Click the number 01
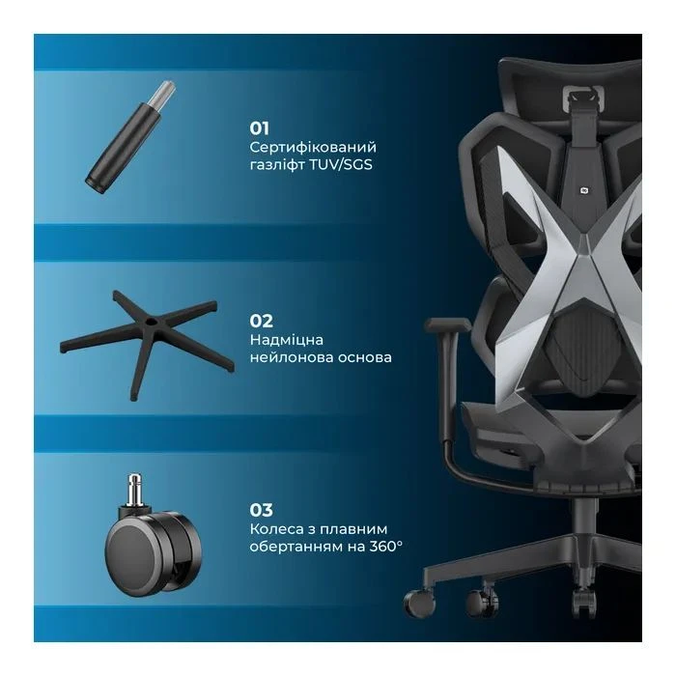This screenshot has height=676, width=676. click(260, 128)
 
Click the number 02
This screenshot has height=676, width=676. click(262, 322)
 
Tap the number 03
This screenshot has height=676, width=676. click(262, 510)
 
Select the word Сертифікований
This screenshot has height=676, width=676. click(313, 148)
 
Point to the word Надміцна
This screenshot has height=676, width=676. click(286, 340)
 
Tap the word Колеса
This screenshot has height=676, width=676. click(275, 529)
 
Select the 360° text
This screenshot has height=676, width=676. click(386, 547)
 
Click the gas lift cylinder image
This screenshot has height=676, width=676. click(130, 137)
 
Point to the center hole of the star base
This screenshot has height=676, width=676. click(152, 322)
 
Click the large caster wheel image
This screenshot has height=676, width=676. click(154, 535)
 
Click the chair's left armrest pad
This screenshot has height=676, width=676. click(447, 325)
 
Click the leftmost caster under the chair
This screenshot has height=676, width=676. click(419, 602)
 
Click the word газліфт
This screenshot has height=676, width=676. click(278, 165)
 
